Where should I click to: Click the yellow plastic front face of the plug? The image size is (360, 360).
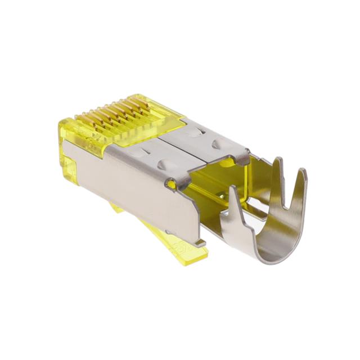[x=66, y=152]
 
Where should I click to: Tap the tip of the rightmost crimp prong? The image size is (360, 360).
[x=303, y=171]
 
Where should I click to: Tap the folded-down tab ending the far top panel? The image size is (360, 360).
[x=243, y=160]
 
